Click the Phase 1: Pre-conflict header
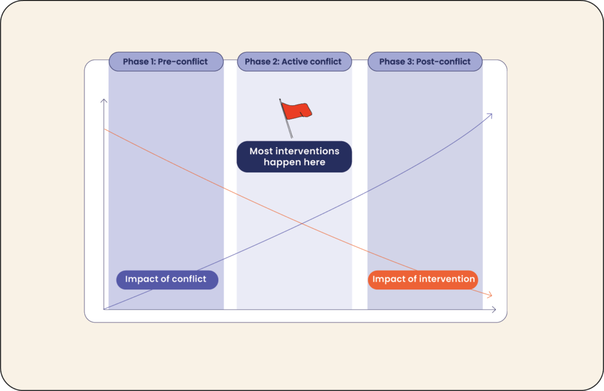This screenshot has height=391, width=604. pyautogui.click(x=166, y=61)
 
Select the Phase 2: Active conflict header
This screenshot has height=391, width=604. pyautogui.click(x=294, y=61)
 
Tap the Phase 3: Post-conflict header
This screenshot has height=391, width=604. pyautogui.click(x=425, y=61)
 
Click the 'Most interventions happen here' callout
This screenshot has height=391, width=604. pyautogui.click(x=294, y=157)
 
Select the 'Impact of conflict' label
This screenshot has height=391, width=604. pyautogui.click(x=167, y=279)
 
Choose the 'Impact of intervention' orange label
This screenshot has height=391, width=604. pyautogui.click(x=423, y=279)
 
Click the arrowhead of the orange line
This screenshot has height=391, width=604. pyautogui.click(x=490, y=295)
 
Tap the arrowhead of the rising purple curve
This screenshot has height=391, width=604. pyautogui.click(x=490, y=115)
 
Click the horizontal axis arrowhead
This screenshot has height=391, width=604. pyautogui.click(x=494, y=309)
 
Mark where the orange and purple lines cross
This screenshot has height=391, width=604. pyautogui.click(x=302, y=223)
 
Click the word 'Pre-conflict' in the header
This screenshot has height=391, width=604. pyautogui.click(x=183, y=61)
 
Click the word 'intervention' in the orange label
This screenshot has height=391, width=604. pyautogui.click(x=447, y=279)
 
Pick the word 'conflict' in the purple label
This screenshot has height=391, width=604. pyautogui.click(x=188, y=279)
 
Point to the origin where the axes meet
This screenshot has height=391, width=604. pyautogui.click(x=104, y=309)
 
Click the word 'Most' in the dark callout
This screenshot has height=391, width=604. pyautogui.click(x=261, y=151)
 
